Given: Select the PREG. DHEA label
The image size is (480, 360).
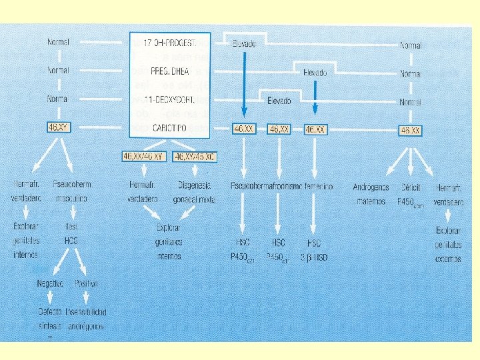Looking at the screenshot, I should pos(169,71).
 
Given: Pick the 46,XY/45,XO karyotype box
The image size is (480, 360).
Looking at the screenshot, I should pos(195,156).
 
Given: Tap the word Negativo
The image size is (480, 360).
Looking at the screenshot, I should pos(51,284).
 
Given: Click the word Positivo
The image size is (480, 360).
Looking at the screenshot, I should pos(87,284).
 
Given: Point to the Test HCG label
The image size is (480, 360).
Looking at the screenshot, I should pos(72,233).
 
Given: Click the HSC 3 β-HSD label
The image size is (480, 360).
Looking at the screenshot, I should pos(314,249).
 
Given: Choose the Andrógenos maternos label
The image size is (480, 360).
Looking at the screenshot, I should pos(371,193).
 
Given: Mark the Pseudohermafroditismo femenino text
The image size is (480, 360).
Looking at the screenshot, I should pos(281,186).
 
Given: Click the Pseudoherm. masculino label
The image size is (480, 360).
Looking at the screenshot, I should pos(72,191).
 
